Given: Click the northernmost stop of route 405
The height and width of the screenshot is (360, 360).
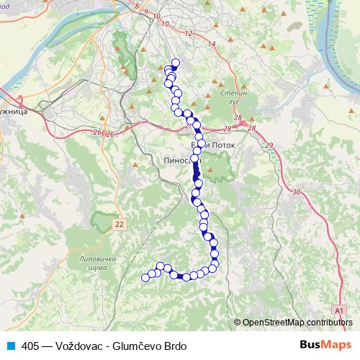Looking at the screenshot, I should pyautogui.click(x=174, y=62).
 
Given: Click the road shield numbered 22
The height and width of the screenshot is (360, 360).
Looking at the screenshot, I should pyautogui.click(x=120, y=225).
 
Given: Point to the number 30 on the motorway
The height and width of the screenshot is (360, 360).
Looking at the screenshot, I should pyautogui.click(x=297, y=192).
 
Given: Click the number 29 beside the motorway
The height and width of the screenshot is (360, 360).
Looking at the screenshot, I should pyautogui.click(x=269, y=146).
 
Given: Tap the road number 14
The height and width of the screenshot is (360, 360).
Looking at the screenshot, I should pyautogui.click(x=211, y=45).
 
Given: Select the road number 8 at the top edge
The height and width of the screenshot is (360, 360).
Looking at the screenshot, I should pyautogui.click(x=137, y=6).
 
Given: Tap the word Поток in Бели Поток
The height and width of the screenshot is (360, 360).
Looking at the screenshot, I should pyautogui.click(x=221, y=145).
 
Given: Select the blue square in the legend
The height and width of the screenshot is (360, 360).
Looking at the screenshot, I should pyautogui.click(x=12, y=346).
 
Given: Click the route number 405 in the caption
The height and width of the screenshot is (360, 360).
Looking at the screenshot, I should pyautogui.click(x=30, y=346).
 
